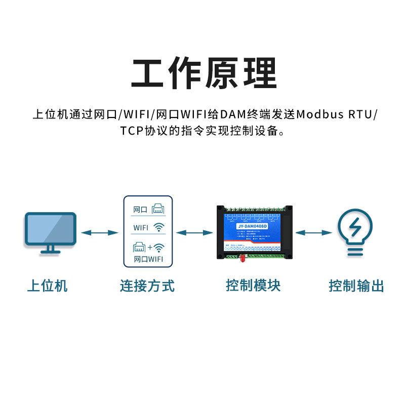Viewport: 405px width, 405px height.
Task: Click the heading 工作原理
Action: click(x=204, y=74)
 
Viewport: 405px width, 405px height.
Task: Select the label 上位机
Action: click(x=47, y=286)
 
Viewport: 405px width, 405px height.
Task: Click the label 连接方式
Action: click(x=147, y=286)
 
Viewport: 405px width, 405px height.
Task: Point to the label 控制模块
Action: click(x=253, y=286)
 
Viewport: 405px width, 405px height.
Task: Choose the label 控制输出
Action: click(x=356, y=286)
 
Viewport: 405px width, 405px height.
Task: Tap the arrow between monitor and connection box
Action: click(x=100, y=232)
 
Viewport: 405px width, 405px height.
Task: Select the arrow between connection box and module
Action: click(x=194, y=232)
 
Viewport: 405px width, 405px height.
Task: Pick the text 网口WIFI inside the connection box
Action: click(x=148, y=259)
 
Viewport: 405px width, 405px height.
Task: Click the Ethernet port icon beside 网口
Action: click(x=157, y=208)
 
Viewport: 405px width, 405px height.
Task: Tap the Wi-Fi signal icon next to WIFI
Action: click(x=159, y=228)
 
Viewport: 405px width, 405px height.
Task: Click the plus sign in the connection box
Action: click(x=149, y=248)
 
